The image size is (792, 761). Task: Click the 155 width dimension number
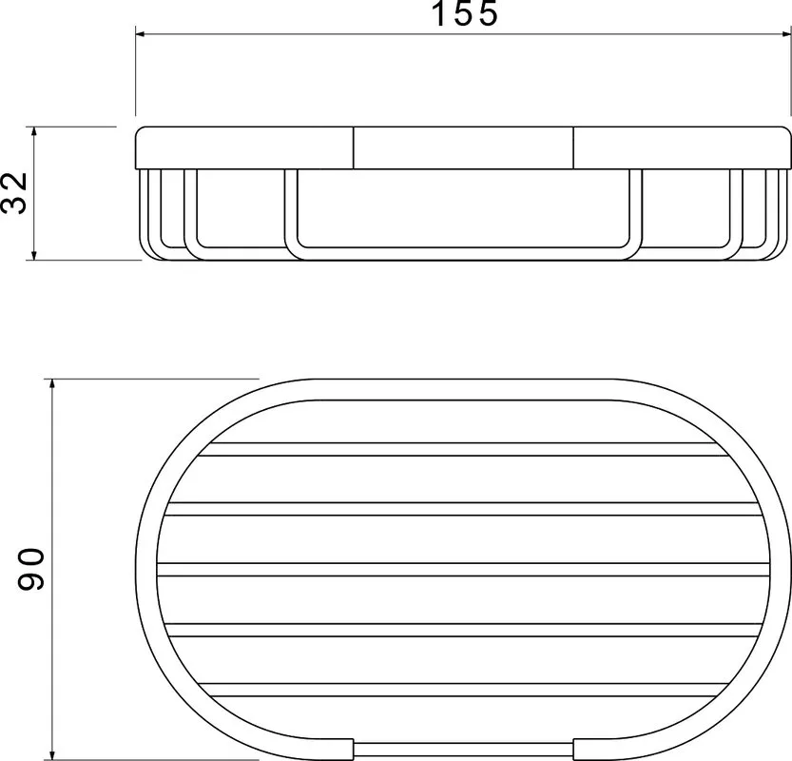(x=465, y=13)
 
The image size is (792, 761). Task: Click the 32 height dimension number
(x=14, y=193)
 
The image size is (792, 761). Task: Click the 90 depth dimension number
(x=31, y=569)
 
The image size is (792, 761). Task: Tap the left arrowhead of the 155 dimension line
(x=141, y=34)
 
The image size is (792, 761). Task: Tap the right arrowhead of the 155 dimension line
(x=784, y=34)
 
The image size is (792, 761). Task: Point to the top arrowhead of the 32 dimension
(x=34, y=132)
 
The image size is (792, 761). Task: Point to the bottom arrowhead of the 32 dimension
(x=34, y=255)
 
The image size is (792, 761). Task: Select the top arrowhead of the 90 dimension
(x=52, y=384)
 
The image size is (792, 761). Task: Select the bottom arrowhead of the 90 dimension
(x=52, y=753)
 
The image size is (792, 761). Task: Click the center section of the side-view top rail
(x=463, y=147)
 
